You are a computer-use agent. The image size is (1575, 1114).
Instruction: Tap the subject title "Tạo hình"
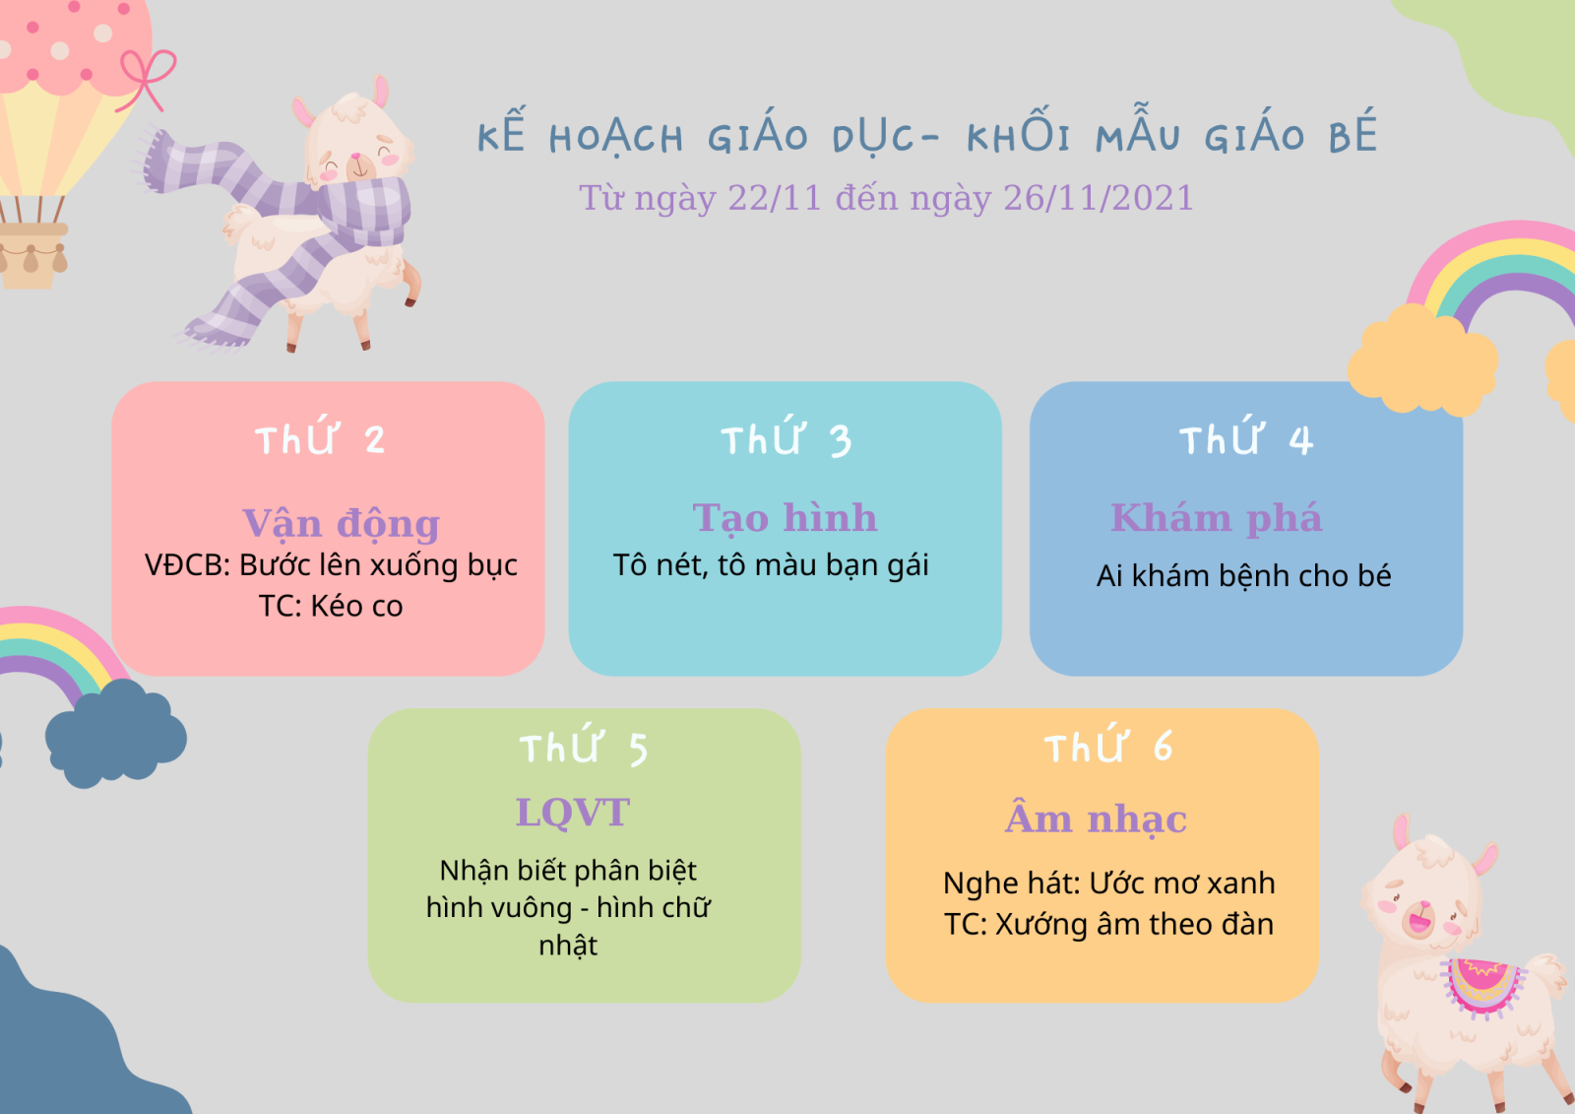pos(785,519)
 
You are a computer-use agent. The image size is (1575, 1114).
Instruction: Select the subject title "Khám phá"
pos(1217,519)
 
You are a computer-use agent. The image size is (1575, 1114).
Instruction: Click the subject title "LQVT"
pos(572,812)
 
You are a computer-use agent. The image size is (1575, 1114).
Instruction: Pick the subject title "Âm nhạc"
pos(1096,818)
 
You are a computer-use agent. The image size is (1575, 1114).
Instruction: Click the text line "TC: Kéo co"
pos(331,606)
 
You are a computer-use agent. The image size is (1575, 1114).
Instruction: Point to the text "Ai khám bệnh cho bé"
pos(1243,575)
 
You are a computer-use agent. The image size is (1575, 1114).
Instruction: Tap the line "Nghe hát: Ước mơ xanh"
pos(1108,884)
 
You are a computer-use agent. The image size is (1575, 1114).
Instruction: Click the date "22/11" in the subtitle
pos(774,198)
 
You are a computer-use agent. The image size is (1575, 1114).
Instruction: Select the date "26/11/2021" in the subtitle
pos(1099,198)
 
